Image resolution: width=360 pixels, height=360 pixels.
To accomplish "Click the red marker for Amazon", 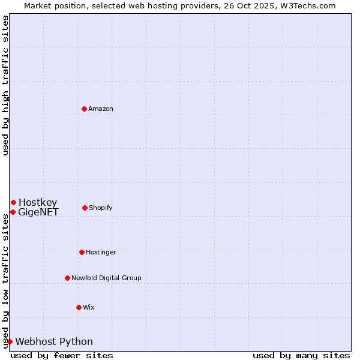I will tap(84, 109).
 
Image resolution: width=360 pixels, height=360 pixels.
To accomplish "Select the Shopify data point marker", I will tap(85, 208).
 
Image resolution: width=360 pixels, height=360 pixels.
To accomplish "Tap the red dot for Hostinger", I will tap(82, 252).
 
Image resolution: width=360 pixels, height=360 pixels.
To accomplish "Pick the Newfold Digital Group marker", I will tap(67, 278).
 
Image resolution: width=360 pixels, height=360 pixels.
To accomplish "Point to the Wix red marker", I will tap(79, 307).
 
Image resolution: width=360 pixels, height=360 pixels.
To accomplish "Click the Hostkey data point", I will tap(13, 202).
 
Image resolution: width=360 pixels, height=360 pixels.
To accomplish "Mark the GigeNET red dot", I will tap(13, 212).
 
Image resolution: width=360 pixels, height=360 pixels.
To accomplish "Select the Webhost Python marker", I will tap(10, 341).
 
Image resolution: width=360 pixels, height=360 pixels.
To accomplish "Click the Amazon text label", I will tap(101, 109).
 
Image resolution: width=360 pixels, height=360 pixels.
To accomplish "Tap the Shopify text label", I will tap(101, 208).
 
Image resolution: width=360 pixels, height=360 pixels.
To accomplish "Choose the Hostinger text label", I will tap(101, 252).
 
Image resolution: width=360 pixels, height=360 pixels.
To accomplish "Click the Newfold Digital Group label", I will tap(106, 278).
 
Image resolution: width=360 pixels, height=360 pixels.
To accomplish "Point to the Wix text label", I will tap(88, 307).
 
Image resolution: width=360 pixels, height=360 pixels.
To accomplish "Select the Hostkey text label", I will tap(38, 202).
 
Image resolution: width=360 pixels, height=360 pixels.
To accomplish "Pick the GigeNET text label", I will tap(38, 212).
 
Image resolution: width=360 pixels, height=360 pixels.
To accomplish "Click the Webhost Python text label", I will tap(54, 341).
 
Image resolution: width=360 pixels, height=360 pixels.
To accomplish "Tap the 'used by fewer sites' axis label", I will tap(62, 355).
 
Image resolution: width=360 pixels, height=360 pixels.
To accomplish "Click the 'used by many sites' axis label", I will tap(301, 355).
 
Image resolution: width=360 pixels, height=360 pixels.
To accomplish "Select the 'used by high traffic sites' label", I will tap(5, 85).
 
